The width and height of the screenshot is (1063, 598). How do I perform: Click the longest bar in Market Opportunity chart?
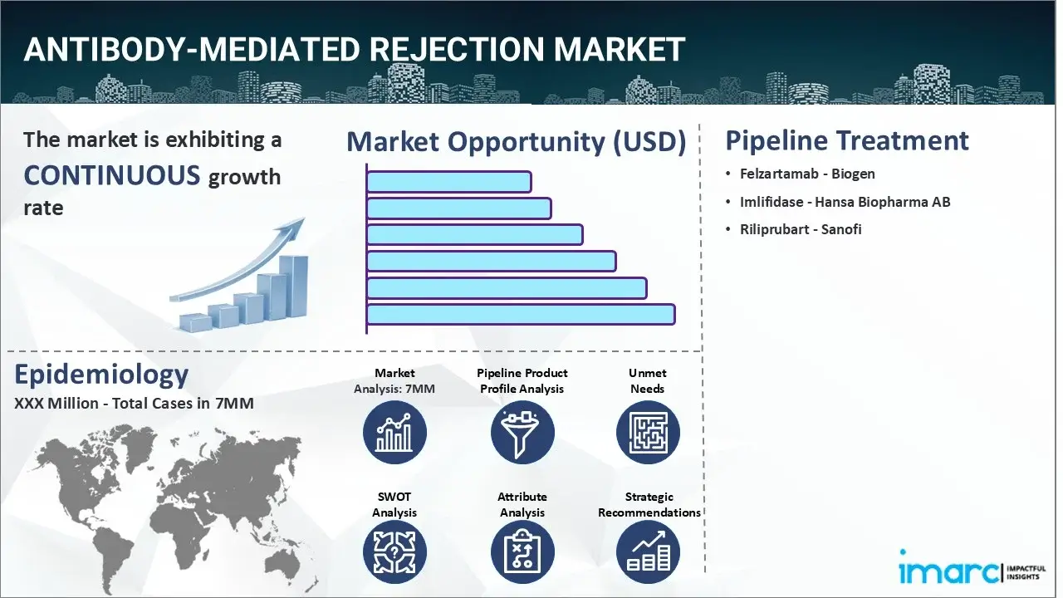(521, 315)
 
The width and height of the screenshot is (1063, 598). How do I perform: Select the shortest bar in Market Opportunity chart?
(448, 181)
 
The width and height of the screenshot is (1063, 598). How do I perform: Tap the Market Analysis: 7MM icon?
(394, 432)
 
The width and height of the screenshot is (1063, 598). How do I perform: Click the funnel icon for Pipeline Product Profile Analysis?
(522, 432)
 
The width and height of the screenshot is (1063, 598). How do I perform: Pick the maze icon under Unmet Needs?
(648, 432)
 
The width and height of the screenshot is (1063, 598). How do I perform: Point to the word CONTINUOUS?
(112, 175)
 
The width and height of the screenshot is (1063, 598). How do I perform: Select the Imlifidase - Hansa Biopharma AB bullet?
(845, 202)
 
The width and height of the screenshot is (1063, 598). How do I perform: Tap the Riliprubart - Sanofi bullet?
(801, 229)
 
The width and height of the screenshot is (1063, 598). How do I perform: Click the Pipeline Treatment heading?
(846, 141)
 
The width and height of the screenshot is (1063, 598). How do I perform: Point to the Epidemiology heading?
(101, 375)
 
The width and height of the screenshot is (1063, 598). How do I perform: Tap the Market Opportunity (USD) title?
(516, 142)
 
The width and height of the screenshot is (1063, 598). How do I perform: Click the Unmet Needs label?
(647, 381)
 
